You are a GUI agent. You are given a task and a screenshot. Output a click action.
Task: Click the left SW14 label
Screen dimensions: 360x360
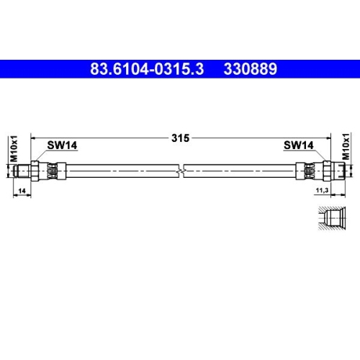click(62, 145)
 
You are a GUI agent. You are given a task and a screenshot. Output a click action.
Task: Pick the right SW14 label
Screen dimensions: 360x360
click(298, 145)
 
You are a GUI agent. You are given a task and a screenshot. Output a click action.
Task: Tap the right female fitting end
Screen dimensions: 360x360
click(327, 171)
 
